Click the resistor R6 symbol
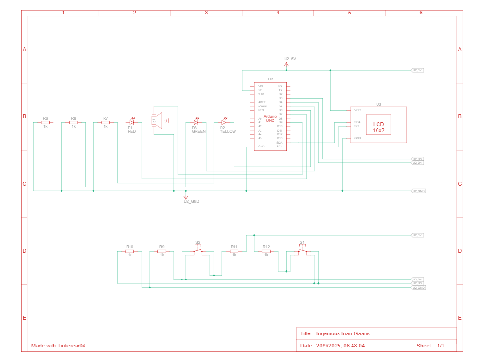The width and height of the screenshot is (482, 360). [45, 122]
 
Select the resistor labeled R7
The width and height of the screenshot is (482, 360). [105, 122]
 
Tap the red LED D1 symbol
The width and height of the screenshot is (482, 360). [131, 122]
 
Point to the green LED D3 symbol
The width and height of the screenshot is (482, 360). [196, 122]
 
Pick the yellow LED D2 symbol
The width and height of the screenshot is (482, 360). [224, 122]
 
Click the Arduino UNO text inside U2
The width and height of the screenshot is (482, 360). [270, 118]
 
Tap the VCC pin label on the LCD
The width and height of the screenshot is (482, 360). [357, 110]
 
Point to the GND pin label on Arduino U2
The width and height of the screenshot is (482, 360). [261, 147]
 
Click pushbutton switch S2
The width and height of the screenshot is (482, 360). [198, 250]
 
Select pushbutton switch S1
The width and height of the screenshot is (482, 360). [302, 250]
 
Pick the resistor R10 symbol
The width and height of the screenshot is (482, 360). [130, 251]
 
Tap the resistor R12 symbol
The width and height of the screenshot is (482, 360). [266, 251]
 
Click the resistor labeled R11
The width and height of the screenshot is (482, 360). [234, 251]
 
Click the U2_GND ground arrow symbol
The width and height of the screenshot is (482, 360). [186, 196]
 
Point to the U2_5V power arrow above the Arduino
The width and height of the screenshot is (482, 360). [287, 62]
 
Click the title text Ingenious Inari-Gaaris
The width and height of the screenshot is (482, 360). [343, 333]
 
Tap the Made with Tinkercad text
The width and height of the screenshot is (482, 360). [58, 346]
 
